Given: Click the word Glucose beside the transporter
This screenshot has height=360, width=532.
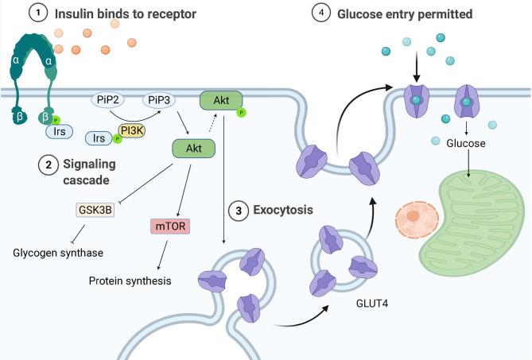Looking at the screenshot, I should coord(467,145).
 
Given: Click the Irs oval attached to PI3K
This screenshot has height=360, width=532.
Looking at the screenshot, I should coord(99,137).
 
